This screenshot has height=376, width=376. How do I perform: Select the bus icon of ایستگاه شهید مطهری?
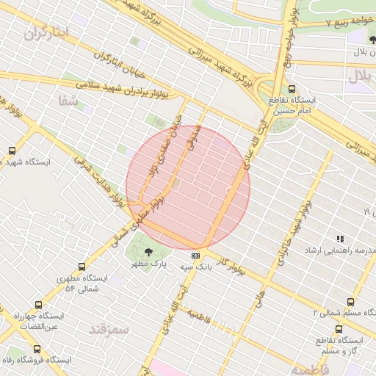coord(11,151)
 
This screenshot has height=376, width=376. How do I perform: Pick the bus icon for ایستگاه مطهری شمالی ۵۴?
coord(82,267)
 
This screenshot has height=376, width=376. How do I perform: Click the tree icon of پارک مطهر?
coord(150,252)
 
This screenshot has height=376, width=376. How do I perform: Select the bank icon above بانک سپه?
coord(196,256)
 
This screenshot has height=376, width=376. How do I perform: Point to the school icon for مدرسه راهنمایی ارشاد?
coord(339,239)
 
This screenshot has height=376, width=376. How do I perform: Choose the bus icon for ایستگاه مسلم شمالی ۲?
coord(350,301)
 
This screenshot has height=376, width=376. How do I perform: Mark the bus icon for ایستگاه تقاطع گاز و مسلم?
coord(339,329)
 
